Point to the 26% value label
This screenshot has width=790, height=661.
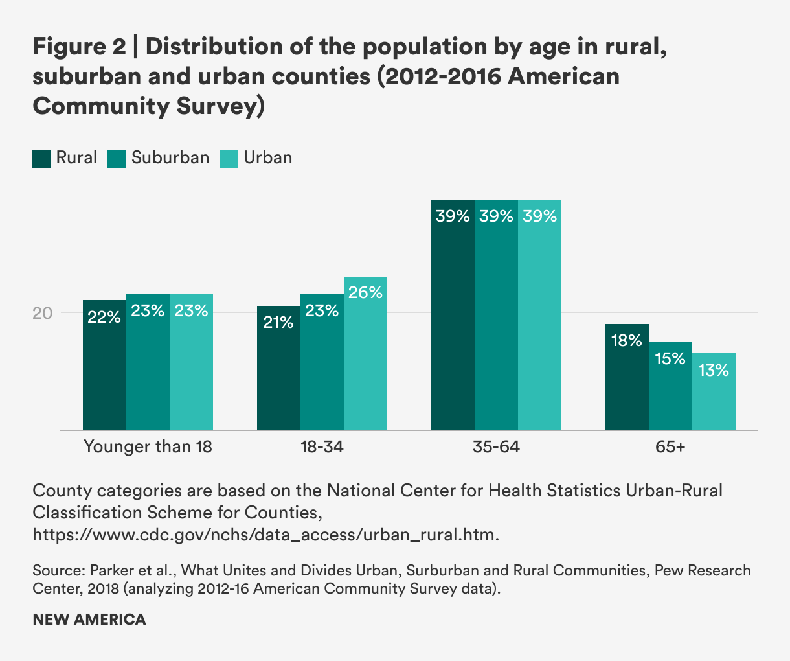tap(365, 293)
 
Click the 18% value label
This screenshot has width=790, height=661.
tap(627, 340)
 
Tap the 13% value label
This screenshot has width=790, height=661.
tap(714, 370)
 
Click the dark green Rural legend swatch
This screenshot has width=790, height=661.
tap(41, 159)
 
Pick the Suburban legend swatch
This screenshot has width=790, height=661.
tap(117, 159)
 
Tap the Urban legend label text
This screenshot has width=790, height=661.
tap(267, 158)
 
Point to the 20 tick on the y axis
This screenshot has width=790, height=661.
tap(42, 313)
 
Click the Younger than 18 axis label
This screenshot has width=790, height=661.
tap(148, 447)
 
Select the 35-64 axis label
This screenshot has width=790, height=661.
tap(496, 447)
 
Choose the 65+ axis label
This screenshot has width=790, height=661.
tap(670, 447)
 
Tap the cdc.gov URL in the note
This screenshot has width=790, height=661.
tap(266, 535)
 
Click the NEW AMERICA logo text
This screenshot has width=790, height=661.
tap(89, 620)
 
